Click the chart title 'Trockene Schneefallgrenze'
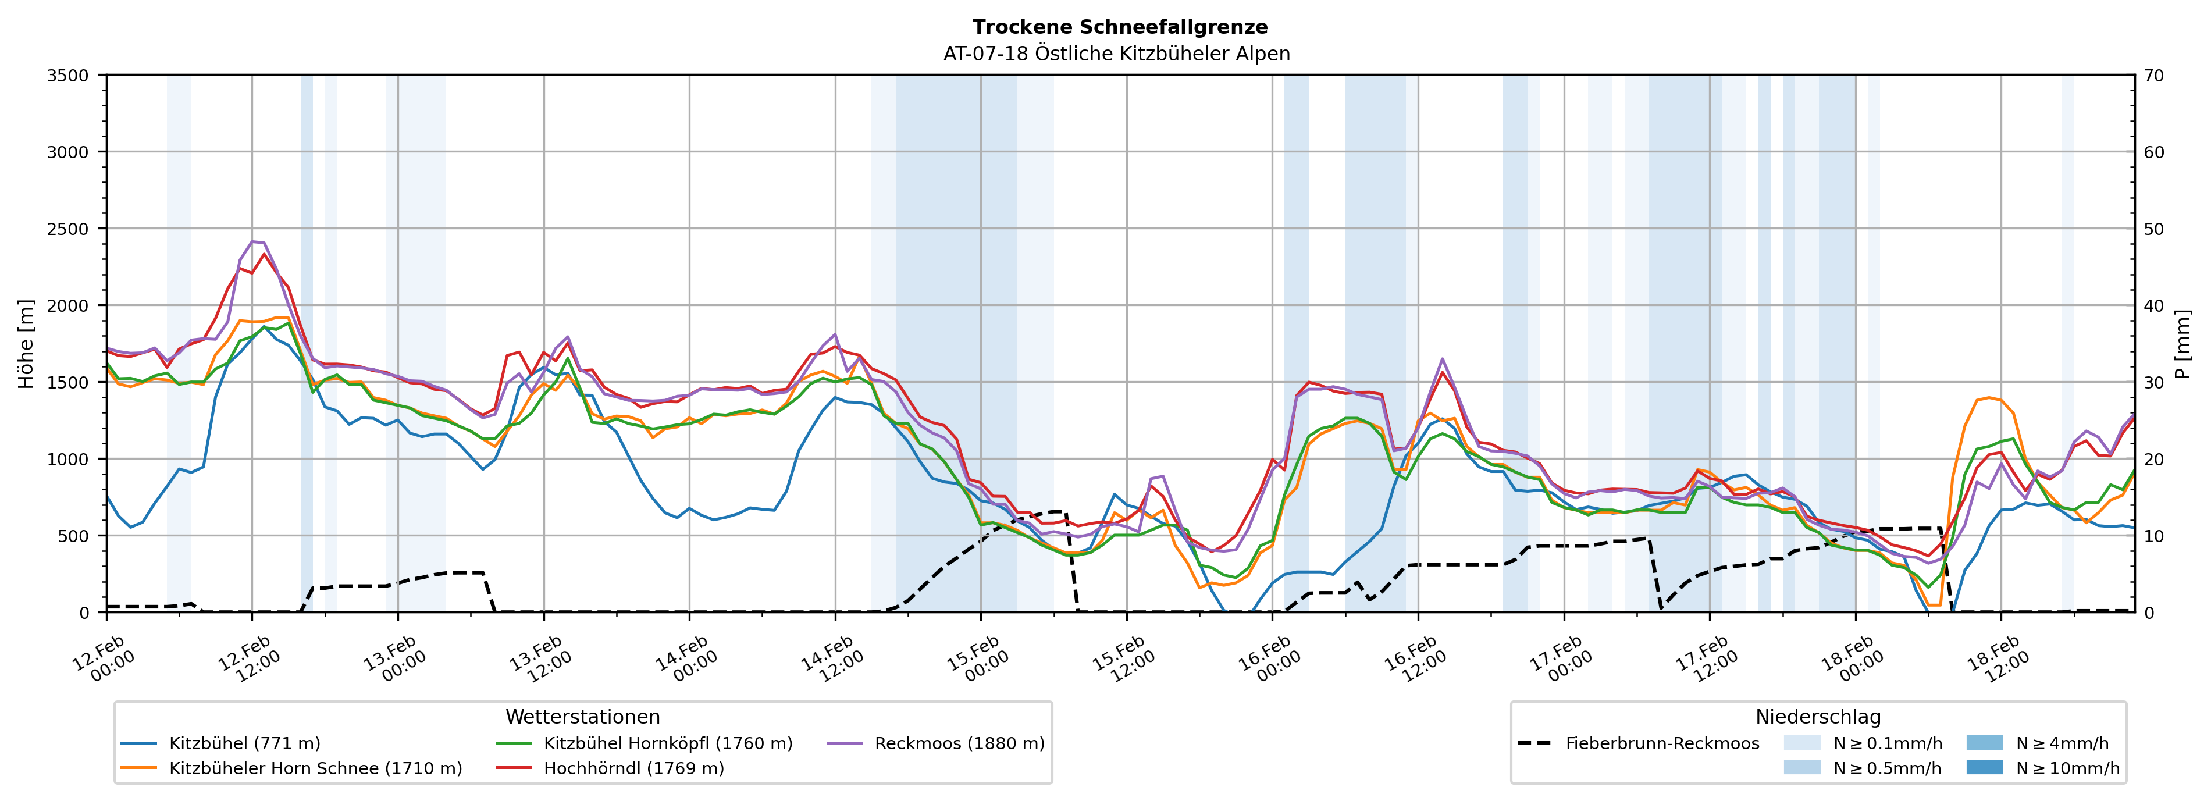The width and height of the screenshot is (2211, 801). point(1119,27)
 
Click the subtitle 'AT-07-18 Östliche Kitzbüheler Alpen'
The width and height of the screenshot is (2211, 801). point(1116,54)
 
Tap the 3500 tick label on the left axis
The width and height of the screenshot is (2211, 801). point(68,76)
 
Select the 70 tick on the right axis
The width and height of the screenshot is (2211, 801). point(2153,76)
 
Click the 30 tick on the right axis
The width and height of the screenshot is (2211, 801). point(2153,383)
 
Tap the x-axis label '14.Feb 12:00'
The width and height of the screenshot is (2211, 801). point(831,659)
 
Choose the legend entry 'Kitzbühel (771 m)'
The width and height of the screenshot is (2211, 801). point(245,743)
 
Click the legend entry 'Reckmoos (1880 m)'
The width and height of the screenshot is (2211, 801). point(959,743)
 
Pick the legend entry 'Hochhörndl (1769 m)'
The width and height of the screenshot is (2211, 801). point(633,768)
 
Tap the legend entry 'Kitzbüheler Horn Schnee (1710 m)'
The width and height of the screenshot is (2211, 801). point(315,768)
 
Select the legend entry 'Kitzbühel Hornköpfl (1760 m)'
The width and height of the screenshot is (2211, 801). point(668,743)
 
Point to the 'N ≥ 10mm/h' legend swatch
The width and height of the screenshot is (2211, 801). point(1984,767)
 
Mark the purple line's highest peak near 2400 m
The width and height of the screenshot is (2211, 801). point(253,241)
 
